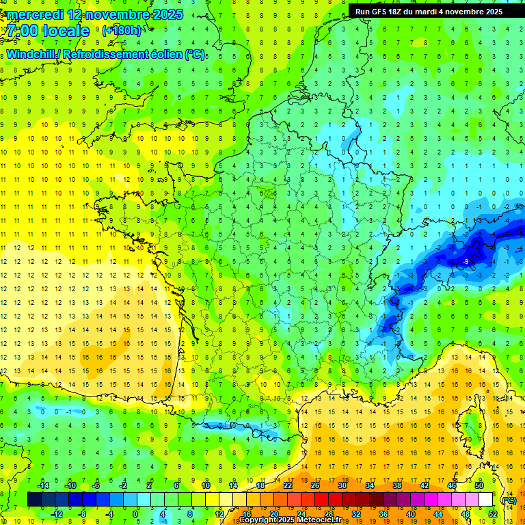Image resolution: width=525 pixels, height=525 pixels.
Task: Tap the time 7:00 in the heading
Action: pyautogui.click(x=25, y=31)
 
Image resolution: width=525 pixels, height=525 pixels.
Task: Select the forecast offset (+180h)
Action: pyautogui.click(x=122, y=31)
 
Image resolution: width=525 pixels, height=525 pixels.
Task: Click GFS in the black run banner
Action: pyautogui.click(x=381, y=12)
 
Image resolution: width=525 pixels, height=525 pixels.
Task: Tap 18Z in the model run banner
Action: pyautogui.click(x=400, y=12)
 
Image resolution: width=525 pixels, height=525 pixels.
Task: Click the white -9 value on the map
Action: pyautogui.click(x=466, y=262)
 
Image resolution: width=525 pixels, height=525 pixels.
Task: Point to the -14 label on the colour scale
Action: pyautogui.click(x=44, y=485)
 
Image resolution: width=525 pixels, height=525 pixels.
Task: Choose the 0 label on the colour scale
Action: pyautogui.click(x=135, y=514)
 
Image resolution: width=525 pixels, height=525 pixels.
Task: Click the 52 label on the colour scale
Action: pyautogui.click(x=492, y=514)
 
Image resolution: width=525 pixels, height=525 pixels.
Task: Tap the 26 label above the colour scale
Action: pyautogui.click(x=315, y=485)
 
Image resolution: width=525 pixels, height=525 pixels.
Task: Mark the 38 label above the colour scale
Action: pyautogui.click(x=397, y=485)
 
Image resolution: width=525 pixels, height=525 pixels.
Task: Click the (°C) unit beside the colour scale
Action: pyautogui.click(x=509, y=500)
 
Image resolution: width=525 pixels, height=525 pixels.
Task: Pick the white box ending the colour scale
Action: pyautogui.click(x=486, y=500)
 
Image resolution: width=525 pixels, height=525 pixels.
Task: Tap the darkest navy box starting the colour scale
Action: pyautogui.click(x=34, y=500)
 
